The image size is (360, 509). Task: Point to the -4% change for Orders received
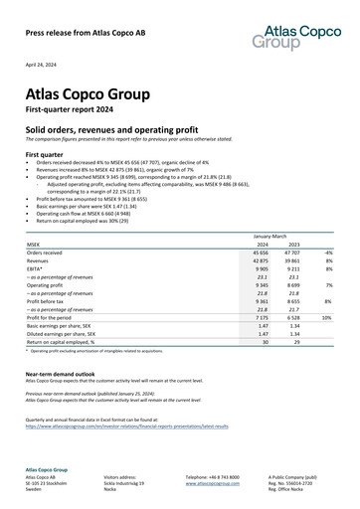326,254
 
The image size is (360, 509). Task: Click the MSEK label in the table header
34,243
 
